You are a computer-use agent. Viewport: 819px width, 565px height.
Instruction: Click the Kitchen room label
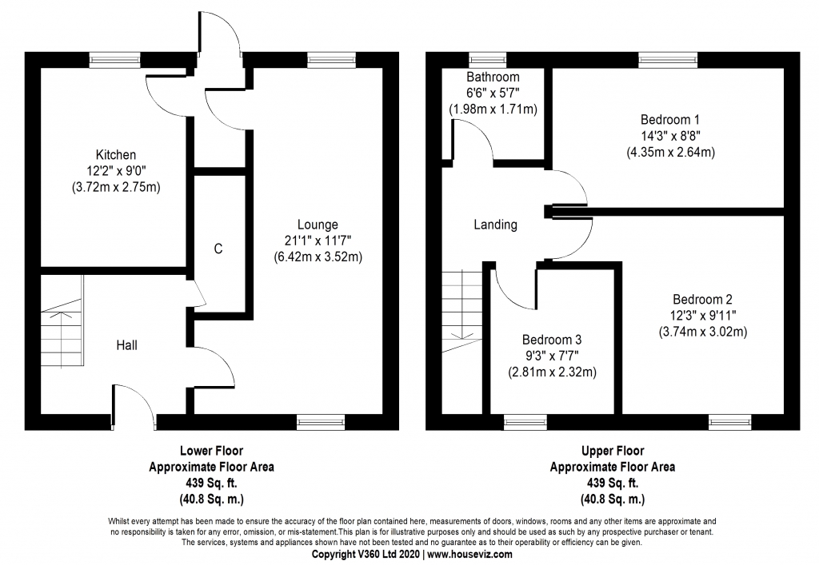tap(116, 154)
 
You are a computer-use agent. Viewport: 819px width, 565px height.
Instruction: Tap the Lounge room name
tap(318, 225)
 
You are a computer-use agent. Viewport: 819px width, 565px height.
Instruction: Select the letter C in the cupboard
tap(218, 249)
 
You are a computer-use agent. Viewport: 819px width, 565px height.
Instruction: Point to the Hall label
tap(126, 345)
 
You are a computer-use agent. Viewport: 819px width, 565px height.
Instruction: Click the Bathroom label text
tap(493, 78)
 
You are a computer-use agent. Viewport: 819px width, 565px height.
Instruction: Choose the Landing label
tap(495, 225)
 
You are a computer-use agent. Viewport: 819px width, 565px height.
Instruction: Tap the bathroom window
tap(482, 58)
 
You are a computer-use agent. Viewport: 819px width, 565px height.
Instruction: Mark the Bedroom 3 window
tap(525, 420)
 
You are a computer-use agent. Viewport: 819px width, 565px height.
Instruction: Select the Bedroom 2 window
tap(729, 420)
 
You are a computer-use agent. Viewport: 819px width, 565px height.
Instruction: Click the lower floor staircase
tap(62, 327)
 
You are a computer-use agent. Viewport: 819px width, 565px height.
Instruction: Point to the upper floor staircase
tap(462, 308)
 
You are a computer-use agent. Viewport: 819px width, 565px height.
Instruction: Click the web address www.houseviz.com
tap(465, 553)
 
